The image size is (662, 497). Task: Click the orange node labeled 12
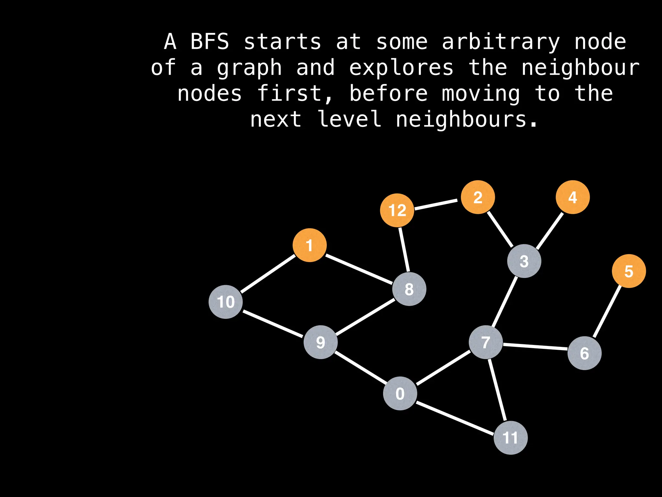(x=397, y=210)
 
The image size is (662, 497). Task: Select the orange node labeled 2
(x=478, y=197)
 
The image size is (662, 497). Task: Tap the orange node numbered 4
(x=573, y=197)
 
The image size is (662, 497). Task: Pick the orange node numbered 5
(x=629, y=271)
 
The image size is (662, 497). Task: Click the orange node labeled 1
(x=310, y=245)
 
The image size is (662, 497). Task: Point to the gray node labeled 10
(x=226, y=302)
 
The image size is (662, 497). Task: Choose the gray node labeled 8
(x=409, y=289)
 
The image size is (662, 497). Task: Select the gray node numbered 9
(x=321, y=342)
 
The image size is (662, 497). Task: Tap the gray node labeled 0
(x=400, y=393)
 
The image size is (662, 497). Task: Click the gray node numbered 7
(x=486, y=342)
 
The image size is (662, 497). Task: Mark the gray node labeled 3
(x=524, y=261)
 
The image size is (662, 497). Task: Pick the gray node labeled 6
(x=584, y=353)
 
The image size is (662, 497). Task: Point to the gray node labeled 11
(x=511, y=438)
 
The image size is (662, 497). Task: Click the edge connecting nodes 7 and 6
(x=535, y=347)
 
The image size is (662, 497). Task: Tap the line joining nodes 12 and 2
(x=436, y=204)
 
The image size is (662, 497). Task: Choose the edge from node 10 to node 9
(x=273, y=324)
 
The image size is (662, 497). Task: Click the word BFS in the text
(x=210, y=42)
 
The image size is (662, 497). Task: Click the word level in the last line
(x=349, y=119)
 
